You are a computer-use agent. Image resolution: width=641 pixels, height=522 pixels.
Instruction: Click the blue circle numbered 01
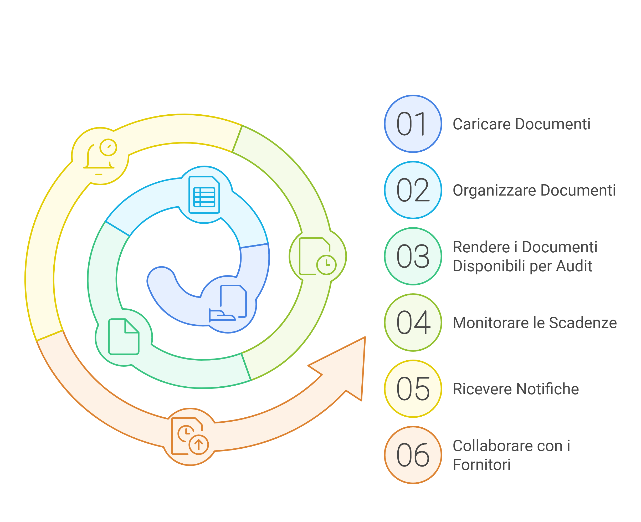(x=413, y=124)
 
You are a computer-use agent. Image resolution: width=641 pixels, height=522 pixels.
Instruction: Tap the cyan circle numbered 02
(x=413, y=190)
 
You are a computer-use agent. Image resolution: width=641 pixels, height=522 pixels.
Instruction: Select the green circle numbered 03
(x=413, y=256)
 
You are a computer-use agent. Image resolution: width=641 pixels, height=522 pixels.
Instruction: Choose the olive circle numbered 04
(x=413, y=322)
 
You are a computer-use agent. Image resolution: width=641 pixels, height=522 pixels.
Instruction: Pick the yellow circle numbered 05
(x=413, y=389)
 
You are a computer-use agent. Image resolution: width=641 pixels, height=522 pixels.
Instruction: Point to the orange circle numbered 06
(x=413, y=455)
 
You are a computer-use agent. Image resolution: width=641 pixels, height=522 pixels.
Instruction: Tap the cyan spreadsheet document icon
(x=204, y=195)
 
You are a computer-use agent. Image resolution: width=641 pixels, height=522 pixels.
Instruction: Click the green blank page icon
(x=124, y=336)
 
